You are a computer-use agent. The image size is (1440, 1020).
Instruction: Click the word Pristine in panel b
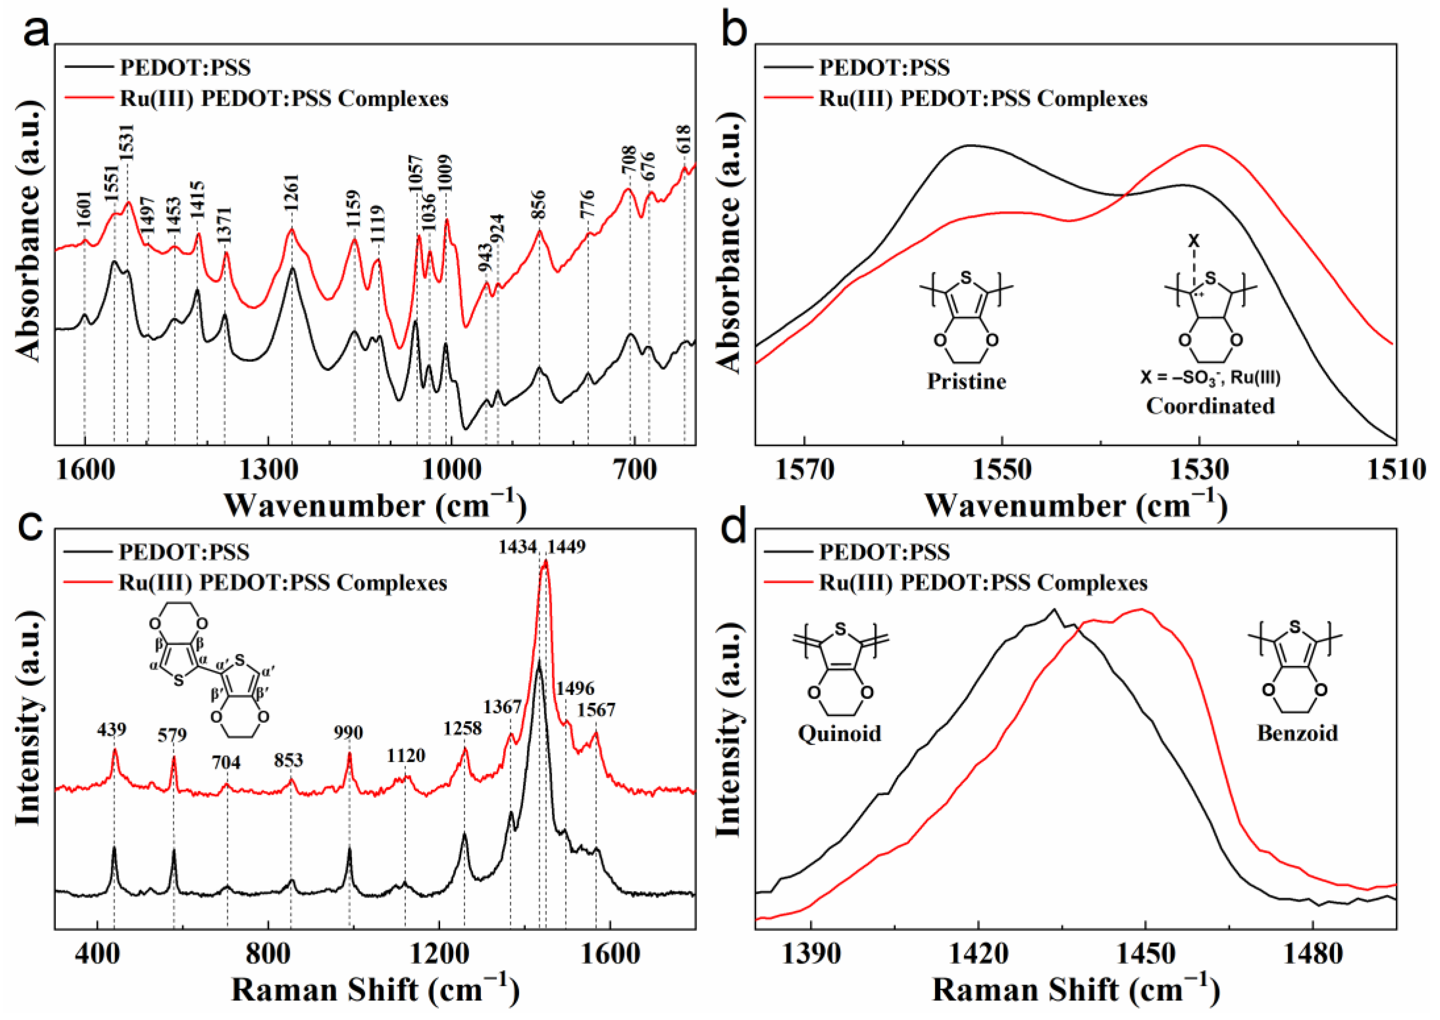point(967,381)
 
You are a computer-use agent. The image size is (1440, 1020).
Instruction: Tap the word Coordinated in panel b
point(1210,407)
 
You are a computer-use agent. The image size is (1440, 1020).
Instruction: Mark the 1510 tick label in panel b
point(1396,471)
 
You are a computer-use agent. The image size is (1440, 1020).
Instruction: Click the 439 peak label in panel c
point(112,730)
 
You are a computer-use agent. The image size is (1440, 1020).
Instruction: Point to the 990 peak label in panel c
point(348,733)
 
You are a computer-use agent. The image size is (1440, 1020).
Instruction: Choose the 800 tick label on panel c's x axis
point(268,955)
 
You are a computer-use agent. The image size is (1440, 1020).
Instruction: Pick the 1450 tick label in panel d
point(1145,955)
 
